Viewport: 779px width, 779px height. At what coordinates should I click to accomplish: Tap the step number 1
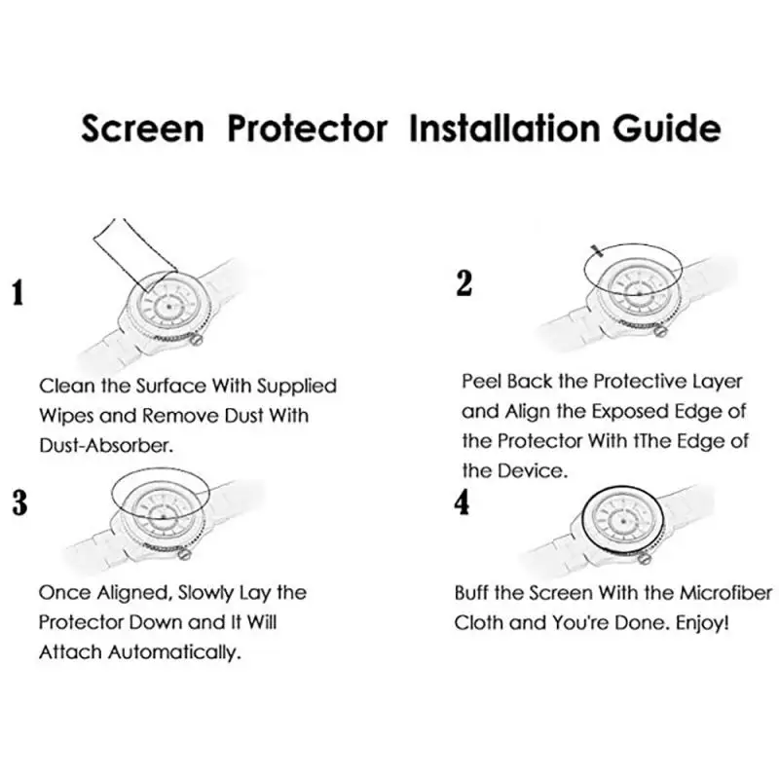[17, 292]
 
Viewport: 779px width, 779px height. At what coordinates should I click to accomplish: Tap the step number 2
[464, 282]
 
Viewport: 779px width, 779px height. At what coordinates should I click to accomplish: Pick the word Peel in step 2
[482, 381]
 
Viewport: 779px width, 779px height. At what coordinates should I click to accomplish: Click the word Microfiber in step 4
[726, 592]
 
